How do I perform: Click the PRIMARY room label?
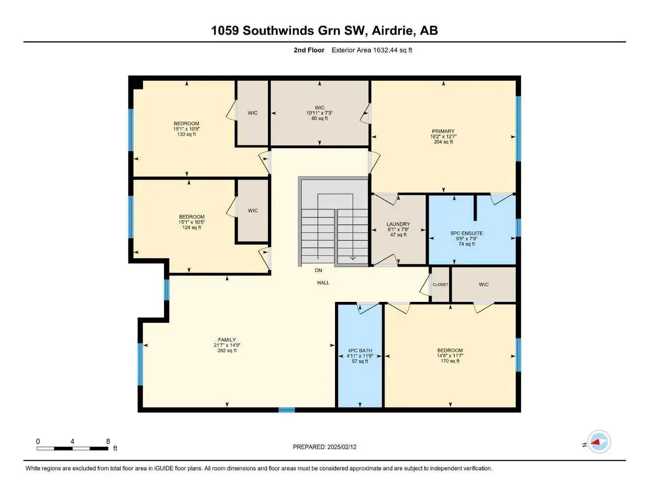(443, 131)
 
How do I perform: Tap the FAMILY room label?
(227, 340)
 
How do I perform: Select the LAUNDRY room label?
(398, 224)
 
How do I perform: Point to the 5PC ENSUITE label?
(466, 233)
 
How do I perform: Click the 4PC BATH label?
(360, 350)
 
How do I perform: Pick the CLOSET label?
(440, 284)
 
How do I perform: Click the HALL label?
(323, 283)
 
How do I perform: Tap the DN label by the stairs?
(318, 270)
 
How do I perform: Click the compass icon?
(599, 442)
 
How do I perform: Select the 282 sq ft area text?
(227, 350)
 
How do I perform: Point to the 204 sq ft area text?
(443, 142)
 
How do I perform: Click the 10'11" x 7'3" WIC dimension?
(319, 113)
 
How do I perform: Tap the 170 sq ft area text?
(450, 361)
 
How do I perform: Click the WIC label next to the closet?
(483, 284)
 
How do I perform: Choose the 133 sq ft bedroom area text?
(186, 134)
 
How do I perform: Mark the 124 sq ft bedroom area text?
(192, 228)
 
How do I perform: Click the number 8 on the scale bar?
(108, 441)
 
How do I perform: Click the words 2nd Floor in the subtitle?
(309, 50)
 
